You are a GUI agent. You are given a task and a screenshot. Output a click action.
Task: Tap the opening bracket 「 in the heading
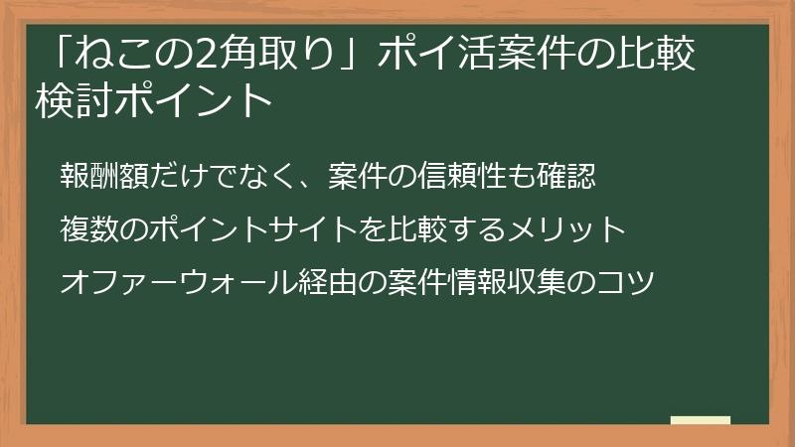pos(70,56)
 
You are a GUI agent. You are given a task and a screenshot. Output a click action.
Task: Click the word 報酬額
pos(103,179)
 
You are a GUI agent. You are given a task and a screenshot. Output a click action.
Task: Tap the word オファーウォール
pos(177,282)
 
